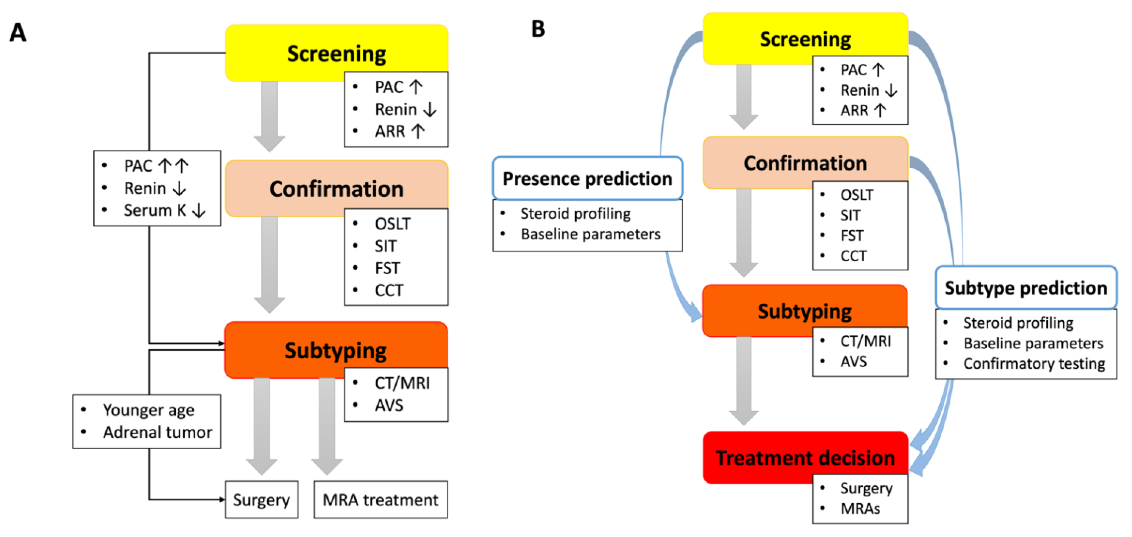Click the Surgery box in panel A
pos(262,500)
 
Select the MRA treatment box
pos(380,500)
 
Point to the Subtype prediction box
pos(1026,288)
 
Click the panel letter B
pos(538,29)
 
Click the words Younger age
pos(148,410)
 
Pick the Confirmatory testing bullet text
pos(1034,364)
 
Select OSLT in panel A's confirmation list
pos(392,224)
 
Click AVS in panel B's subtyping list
pos(854,361)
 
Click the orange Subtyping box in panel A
pos(336,350)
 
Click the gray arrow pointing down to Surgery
pos(262,424)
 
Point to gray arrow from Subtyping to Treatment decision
pos(743,380)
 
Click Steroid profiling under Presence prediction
pos(575,214)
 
